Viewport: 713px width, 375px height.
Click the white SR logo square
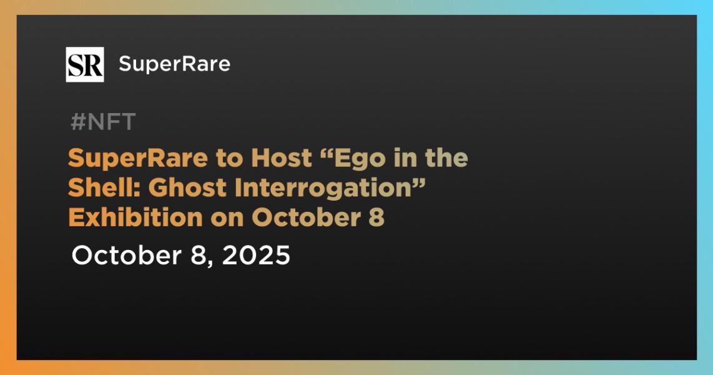pos(84,64)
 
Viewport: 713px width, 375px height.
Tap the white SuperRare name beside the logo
pos(175,64)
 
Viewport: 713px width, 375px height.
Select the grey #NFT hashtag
pos(103,121)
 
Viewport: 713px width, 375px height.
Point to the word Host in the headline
pos(282,158)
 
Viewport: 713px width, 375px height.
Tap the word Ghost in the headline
pos(188,188)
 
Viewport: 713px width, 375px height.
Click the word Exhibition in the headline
pos(135,217)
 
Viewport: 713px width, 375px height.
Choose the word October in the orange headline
pos(307,217)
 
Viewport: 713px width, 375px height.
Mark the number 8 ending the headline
pos(376,218)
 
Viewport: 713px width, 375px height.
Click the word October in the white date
pos(126,255)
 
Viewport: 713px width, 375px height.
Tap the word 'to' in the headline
pos(230,159)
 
